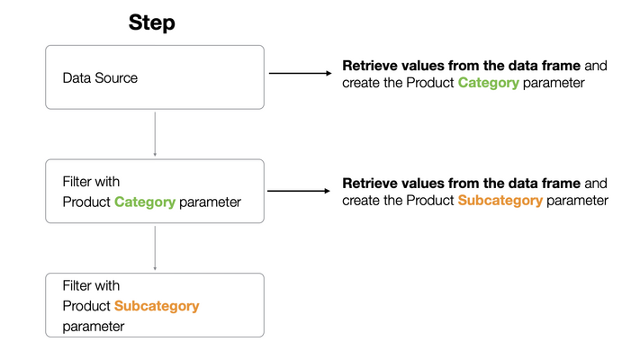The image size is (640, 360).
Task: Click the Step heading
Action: (x=151, y=22)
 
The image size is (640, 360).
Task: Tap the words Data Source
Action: (x=100, y=78)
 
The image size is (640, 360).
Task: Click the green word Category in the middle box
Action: (x=145, y=202)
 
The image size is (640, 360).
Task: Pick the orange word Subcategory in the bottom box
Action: (x=157, y=306)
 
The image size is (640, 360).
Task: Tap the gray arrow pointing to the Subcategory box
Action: (x=156, y=247)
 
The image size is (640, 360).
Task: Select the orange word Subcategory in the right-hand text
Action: (x=500, y=200)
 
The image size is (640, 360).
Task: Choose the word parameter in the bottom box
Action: (x=94, y=326)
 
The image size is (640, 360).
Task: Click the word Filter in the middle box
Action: (x=78, y=182)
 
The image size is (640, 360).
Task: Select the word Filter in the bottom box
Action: (x=78, y=285)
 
